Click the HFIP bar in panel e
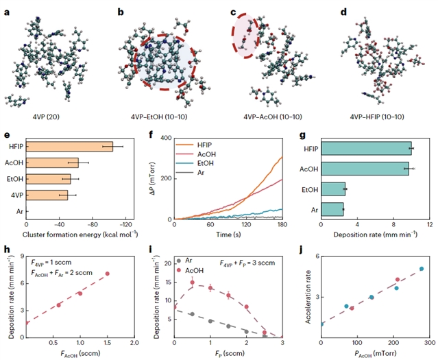[69, 147]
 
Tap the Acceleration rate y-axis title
[306, 296]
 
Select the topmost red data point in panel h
[107, 274]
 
